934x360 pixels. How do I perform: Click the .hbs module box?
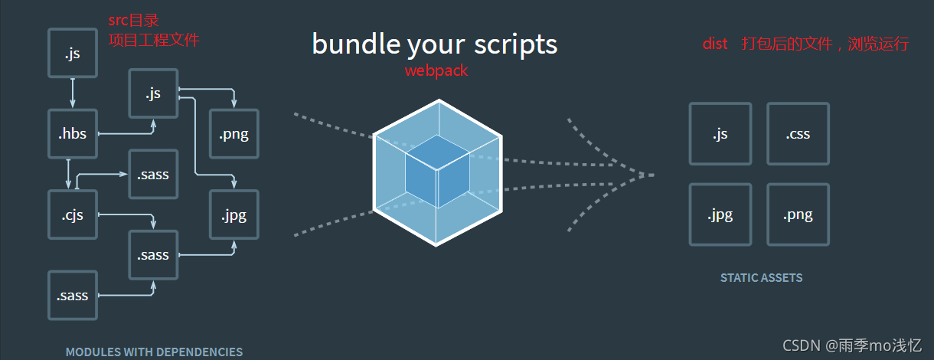tap(73, 134)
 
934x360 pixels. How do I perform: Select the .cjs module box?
tap(73, 214)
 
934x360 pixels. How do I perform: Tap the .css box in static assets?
tap(798, 134)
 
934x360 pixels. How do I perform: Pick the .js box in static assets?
tap(720, 134)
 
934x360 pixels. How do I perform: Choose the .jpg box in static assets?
tap(720, 214)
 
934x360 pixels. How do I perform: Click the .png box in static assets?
tap(798, 214)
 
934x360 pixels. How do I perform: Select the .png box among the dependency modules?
tap(233, 134)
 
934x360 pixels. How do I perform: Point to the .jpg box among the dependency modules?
tap(233, 214)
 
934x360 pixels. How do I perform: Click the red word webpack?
tap(436, 70)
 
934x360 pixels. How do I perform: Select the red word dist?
tap(715, 44)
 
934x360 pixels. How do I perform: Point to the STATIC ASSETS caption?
tap(761, 278)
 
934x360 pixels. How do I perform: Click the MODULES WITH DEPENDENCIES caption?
tap(154, 352)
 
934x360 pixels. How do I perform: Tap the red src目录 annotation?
tap(133, 21)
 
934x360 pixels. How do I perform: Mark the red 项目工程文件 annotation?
tap(154, 39)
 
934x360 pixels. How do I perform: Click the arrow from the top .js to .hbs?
tap(73, 93)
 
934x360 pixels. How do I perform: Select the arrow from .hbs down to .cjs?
tap(69, 173)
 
